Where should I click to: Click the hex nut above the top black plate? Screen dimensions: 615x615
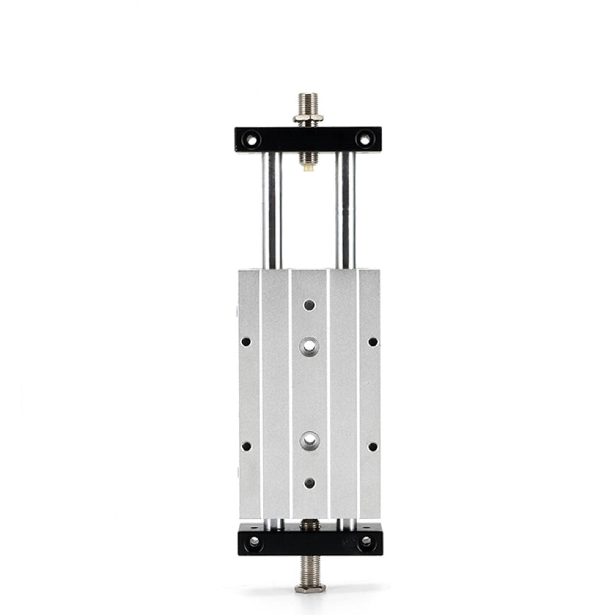[308, 118]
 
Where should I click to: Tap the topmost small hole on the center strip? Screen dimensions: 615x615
[309, 304]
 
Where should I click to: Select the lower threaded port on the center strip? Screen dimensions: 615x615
[309, 441]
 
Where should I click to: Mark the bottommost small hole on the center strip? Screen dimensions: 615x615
[309, 482]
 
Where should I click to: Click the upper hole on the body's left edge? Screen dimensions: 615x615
[246, 341]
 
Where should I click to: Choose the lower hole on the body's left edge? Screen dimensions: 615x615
[246, 446]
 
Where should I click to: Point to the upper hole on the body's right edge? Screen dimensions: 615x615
[372, 341]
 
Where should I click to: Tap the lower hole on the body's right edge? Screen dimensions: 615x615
[372, 446]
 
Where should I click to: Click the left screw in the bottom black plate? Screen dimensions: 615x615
[254, 541]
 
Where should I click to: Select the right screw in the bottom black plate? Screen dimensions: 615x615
[366, 541]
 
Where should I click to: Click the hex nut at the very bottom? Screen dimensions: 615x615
[309, 588]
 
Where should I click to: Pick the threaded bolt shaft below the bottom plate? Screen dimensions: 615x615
[309, 570]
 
